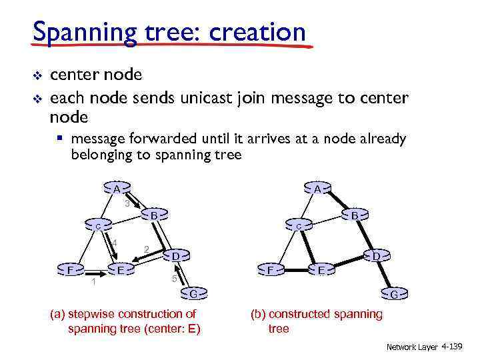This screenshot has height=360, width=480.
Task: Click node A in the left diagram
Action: tap(116, 189)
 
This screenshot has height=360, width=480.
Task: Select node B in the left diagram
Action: tap(153, 216)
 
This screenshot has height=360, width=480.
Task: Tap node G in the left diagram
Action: tap(193, 294)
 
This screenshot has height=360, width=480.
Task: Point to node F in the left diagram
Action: tap(71, 270)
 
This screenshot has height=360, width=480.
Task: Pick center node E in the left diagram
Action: tap(121, 270)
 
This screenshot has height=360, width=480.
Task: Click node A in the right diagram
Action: tap(318, 189)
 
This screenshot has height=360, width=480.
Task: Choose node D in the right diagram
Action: tap(376, 256)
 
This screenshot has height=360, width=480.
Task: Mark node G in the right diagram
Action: tap(395, 294)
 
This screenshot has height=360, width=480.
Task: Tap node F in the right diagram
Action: tap(270, 270)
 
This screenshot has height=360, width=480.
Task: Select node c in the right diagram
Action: tap(299, 227)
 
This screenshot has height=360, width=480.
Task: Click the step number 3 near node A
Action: tap(127, 203)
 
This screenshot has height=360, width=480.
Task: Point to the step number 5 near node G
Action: tap(173, 279)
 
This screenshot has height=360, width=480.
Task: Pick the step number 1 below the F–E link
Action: tap(94, 283)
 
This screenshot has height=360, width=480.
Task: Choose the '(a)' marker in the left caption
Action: tap(58, 314)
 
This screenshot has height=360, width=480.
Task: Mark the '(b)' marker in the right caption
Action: tap(258, 314)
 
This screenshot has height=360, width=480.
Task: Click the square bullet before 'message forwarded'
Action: tap(60, 139)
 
